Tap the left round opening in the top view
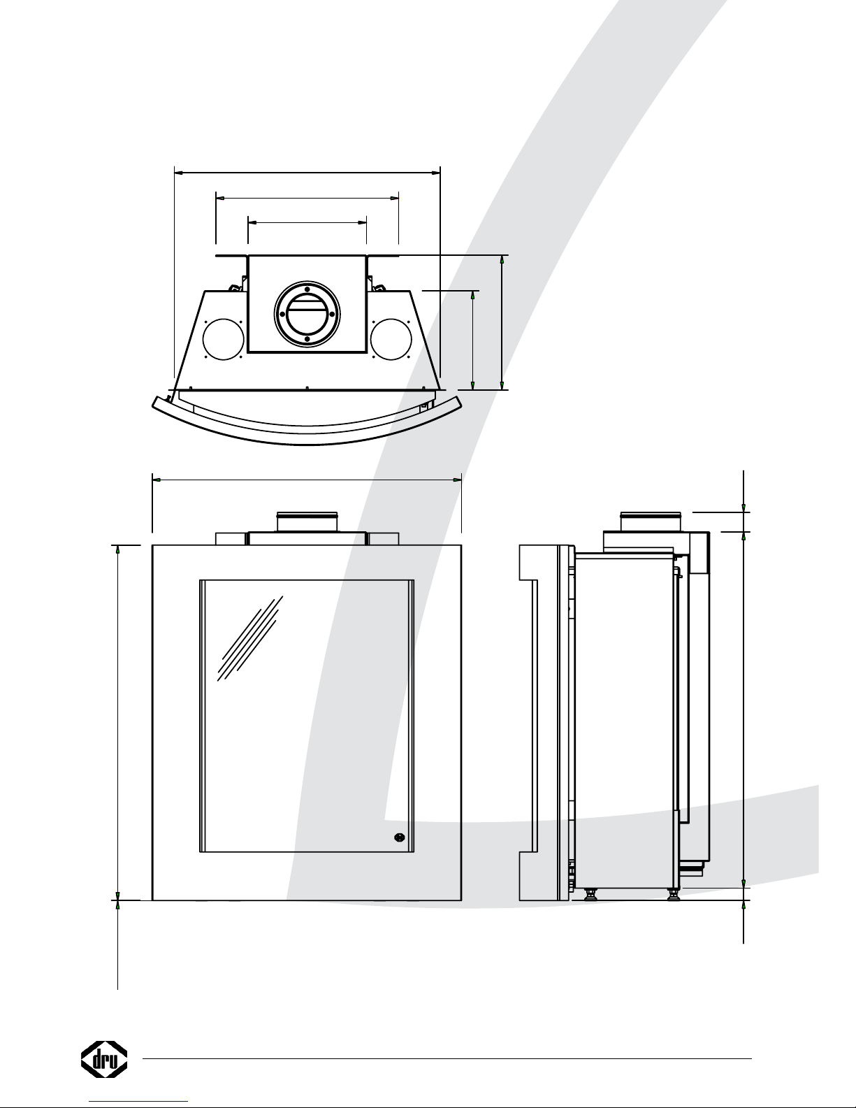click(x=223, y=339)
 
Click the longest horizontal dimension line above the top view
click(x=307, y=171)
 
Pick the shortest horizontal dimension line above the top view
click(x=307, y=222)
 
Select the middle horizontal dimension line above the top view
click(x=307, y=198)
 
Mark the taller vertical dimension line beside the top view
click(x=502, y=322)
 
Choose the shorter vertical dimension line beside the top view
click(x=474, y=340)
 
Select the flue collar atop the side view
click(x=651, y=521)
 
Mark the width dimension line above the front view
click(x=307, y=480)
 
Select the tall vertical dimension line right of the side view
click(x=743, y=706)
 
